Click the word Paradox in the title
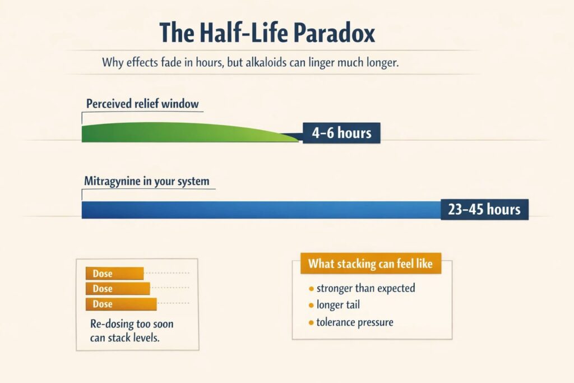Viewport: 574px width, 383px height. click(334, 33)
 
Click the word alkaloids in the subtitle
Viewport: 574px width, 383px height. click(266, 62)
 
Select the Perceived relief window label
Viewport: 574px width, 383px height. click(142, 104)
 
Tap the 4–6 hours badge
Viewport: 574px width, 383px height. click(341, 132)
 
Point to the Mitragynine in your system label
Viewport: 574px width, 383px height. click(147, 181)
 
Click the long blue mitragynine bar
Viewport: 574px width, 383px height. click(261, 210)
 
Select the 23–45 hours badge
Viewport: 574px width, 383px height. click(484, 209)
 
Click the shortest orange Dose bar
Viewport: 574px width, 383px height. click(114, 274)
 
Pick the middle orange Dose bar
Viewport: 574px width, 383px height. click(118, 289)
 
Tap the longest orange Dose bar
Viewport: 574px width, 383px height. click(121, 304)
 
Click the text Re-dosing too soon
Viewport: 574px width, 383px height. click(132, 324)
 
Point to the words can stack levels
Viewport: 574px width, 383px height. click(125, 338)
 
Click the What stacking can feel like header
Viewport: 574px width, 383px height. click(371, 264)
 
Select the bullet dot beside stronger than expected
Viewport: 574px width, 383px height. click(311, 289)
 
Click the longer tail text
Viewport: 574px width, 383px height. click(338, 304)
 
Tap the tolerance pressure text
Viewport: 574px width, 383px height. click(355, 322)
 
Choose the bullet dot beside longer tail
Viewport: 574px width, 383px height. click(311, 306)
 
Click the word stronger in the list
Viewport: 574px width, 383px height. click(335, 289)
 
